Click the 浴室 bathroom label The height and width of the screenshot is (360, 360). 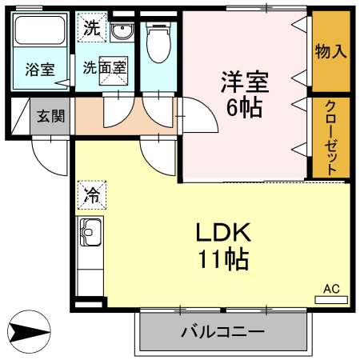tap(39, 70)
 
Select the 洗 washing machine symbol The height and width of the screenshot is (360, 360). tap(92, 29)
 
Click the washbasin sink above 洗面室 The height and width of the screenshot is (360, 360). tap(122, 32)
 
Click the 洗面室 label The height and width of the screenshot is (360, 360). tap(104, 67)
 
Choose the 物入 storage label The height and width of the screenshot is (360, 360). tap(330, 52)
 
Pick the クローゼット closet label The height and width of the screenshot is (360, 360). tap(330, 137)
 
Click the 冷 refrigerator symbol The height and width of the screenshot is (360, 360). tap(92, 194)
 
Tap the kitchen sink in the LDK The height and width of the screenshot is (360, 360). tap(89, 233)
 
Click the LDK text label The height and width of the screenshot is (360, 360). tap(224, 234)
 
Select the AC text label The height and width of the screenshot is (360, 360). tap(331, 288)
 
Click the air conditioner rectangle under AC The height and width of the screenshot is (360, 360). tap(331, 299)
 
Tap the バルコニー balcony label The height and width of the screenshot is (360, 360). tap(222, 331)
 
